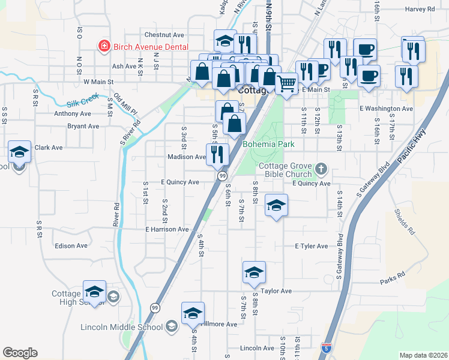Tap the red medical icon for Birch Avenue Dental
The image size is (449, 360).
pos(104,46)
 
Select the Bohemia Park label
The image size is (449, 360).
pos(268,145)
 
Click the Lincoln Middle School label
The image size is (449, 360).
pos(122,327)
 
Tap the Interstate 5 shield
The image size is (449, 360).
pos(325,348)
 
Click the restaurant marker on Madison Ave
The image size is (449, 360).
pos(217,154)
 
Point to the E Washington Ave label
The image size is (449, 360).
pos(387,109)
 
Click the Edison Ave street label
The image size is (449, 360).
pos(71,245)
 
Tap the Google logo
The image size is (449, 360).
pos(20,353)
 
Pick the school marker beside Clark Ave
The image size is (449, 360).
pos(20,152)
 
